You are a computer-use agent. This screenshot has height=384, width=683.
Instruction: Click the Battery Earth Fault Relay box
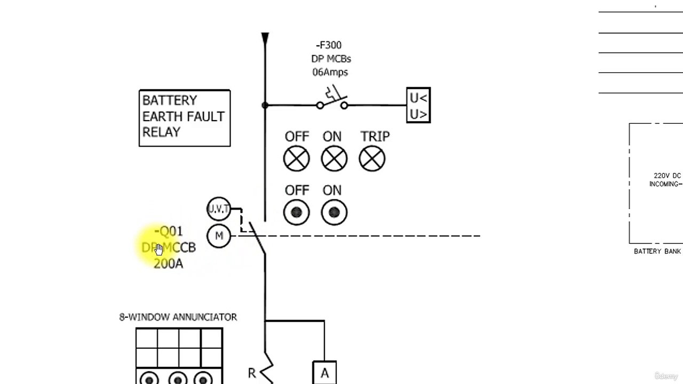pos(184,118)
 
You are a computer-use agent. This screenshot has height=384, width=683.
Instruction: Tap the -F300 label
pos(329,45)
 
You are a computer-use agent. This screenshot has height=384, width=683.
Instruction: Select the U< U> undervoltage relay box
pos(418,106)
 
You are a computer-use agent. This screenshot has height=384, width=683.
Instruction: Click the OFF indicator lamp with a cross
pos(296,159)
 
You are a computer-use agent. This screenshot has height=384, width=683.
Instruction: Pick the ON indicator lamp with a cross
pos(334,159)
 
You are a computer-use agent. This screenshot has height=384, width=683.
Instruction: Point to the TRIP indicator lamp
pos(372,159)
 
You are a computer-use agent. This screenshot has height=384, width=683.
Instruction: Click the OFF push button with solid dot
pos(296,213)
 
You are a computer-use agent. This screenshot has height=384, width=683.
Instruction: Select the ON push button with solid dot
pos(334,213)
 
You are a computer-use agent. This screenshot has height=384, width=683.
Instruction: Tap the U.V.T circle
pos(218,209)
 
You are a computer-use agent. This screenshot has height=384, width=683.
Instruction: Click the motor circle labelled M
pos(218,236)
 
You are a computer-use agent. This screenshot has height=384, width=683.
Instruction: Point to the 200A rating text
pos(168,263)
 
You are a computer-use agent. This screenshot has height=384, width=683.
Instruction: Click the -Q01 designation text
pos(169,231)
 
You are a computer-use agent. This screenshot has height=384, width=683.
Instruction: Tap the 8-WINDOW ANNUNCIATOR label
pos(178,317)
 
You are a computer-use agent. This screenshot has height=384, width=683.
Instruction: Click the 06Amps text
pos(330,72)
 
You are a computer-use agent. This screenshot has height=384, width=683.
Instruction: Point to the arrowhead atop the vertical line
pos(265,38)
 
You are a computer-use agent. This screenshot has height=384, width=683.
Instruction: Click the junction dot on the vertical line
pos(265,106)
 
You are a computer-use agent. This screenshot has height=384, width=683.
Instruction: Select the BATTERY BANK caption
pos(657,251)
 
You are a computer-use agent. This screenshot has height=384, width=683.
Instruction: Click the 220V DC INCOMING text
pos(666,180)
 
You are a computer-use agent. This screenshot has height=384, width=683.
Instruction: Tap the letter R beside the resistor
pos(252,373)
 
